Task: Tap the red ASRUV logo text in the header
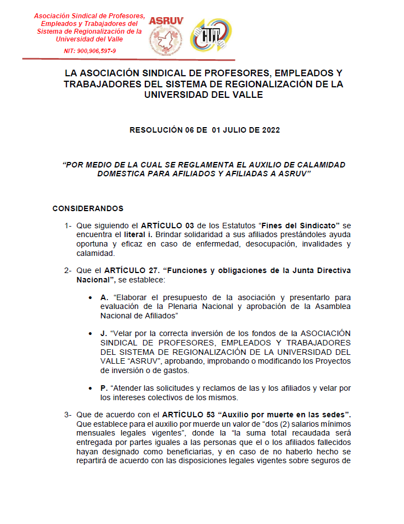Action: [x=166, y=20]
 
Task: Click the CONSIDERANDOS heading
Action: [x=88, y=208]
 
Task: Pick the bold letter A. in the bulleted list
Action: [x=104, y=297]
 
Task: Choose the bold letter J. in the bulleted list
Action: [x=104, y=333]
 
